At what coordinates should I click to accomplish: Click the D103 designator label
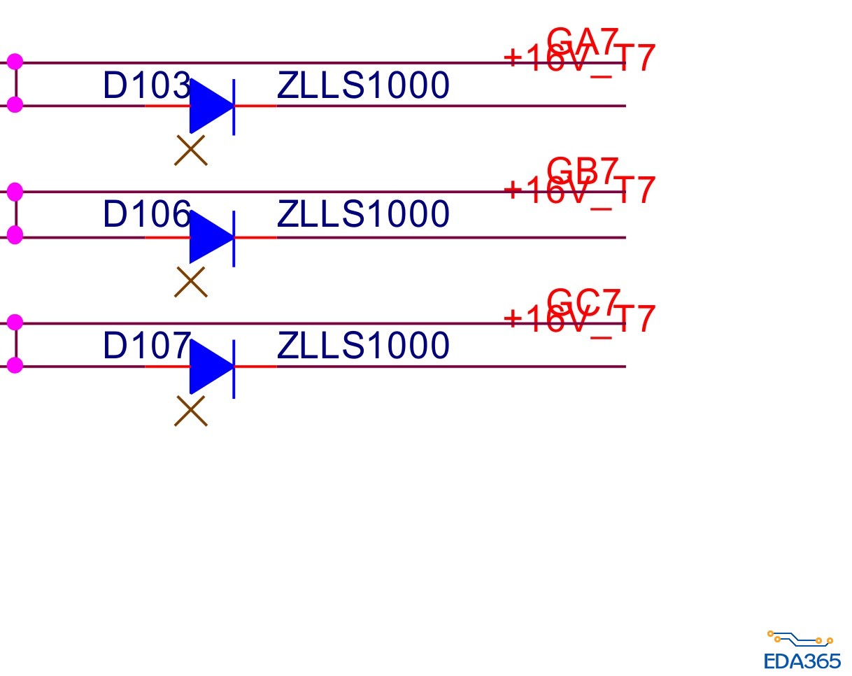(145, 87)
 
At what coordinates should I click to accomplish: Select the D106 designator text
(145, 215)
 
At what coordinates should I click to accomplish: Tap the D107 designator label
(145, 346)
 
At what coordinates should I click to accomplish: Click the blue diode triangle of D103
(208, 106)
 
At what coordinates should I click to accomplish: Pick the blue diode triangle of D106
(208, 237)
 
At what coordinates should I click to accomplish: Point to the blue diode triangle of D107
(208, 366)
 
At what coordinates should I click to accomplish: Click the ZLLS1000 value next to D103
(363, 87)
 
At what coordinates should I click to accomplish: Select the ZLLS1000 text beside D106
(363, 215)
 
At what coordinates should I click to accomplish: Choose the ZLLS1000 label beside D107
(363, 346)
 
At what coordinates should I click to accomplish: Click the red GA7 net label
(583, 40)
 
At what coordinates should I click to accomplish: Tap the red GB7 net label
(583, 169)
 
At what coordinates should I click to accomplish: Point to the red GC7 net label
(583, 301)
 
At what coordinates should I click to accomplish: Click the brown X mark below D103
(191, 150)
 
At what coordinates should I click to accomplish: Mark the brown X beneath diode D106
(191, 281)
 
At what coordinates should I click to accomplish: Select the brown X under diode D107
(191, 411)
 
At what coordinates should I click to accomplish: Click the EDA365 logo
(802, 652)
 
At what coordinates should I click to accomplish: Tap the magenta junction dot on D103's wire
(15, 105)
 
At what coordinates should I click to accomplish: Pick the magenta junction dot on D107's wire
(15, 365)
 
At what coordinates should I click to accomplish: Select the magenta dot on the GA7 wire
(15, 62)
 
